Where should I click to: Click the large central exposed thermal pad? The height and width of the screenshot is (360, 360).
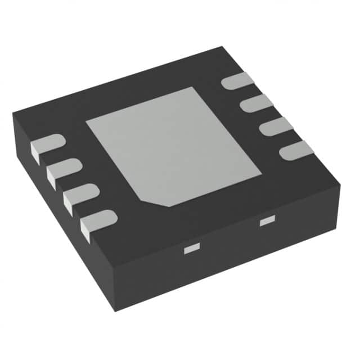pyautogui.click(x=172, y=145)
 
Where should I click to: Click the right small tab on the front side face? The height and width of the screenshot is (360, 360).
pyautogui.click(x=266, y=222)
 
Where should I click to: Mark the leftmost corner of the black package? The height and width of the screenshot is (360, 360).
pyautogui.click(x=13, y=114)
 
